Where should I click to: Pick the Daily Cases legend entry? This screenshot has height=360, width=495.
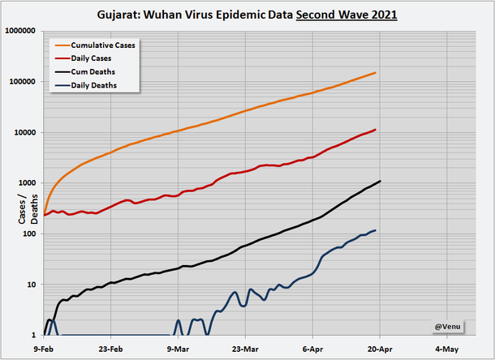click(91, 58)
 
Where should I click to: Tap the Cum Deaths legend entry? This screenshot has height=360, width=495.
click(91, 71)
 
